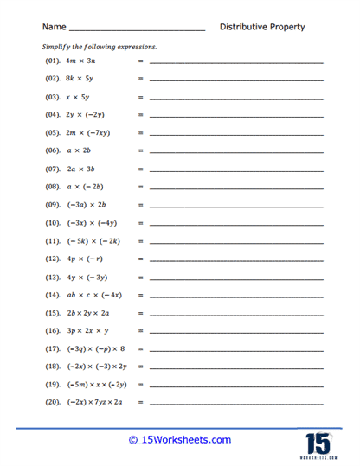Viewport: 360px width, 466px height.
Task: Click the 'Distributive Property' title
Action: (x=262, y=27)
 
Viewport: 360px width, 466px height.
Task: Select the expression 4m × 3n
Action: (x=85, y=63)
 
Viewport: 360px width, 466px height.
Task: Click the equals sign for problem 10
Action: (x=140, y=223)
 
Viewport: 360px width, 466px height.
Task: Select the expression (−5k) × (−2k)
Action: (x=96, y=240)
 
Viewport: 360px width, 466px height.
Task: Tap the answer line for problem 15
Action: (x=236, y=314)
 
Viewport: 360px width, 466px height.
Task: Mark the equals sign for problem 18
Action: (x=140, y=367)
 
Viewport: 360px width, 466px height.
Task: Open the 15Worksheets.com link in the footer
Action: (x=180, y=440)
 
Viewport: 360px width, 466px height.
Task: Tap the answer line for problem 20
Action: (x=236, y=404)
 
